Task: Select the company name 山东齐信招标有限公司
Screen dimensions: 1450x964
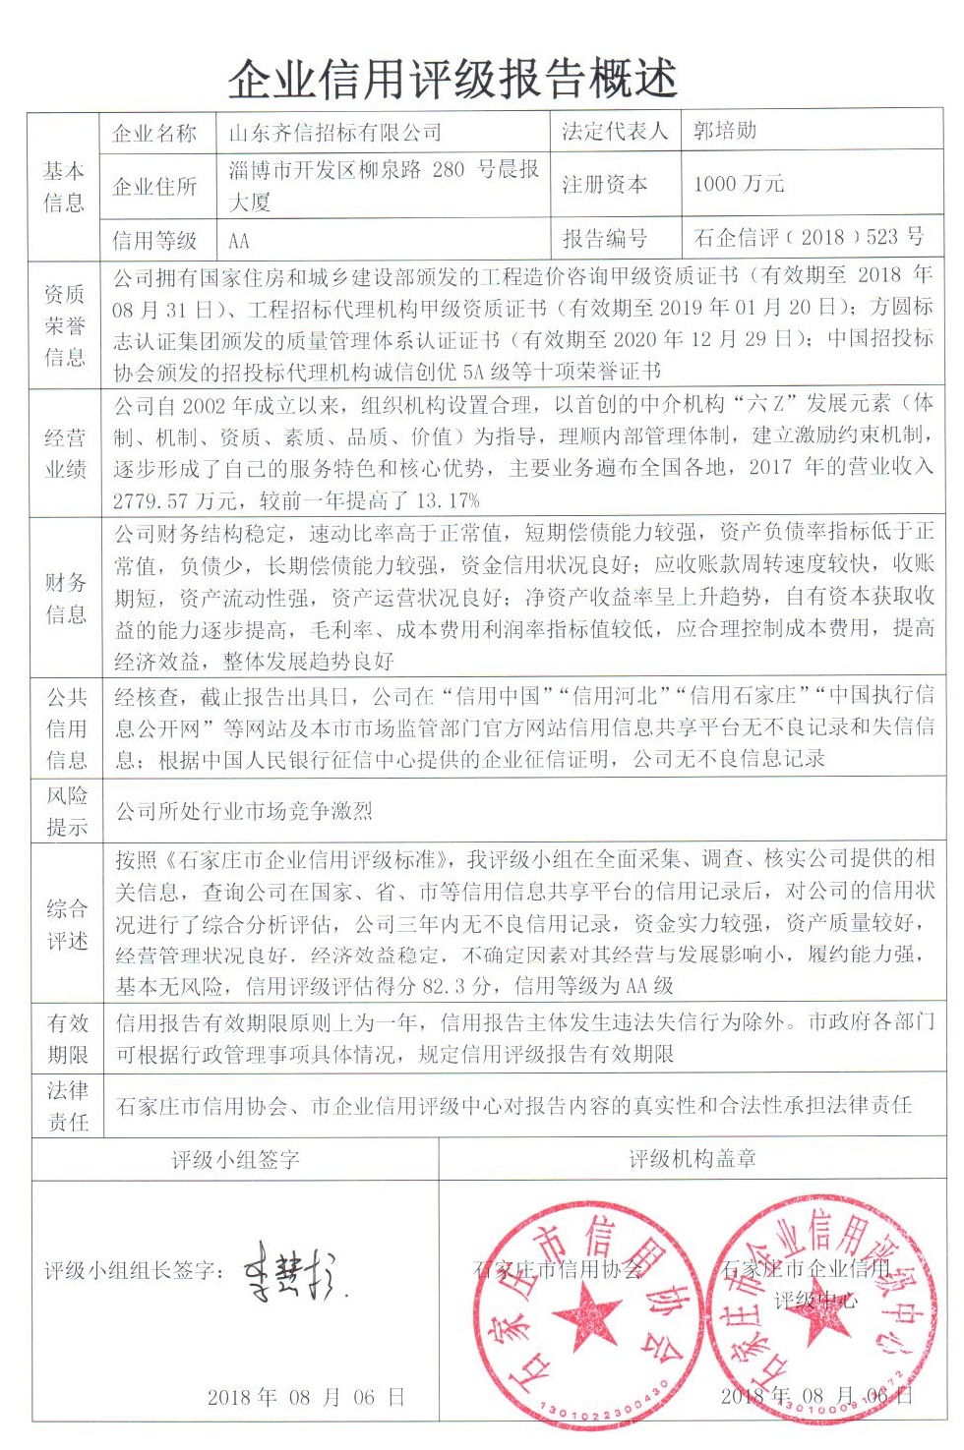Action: coord(334,132)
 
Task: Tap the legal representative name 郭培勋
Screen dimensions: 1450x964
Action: coord(725,131)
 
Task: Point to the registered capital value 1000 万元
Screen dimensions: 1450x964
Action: coord(738,184)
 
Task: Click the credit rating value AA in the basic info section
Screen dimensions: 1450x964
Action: coord(238,241)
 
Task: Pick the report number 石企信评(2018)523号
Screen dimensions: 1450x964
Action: coord(809,237)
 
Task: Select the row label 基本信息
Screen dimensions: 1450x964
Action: coord(64,187)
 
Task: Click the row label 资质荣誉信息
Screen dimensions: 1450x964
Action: coord(65,325)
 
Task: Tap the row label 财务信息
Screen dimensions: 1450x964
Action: coord(65,599)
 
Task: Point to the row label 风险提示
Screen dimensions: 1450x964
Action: coord(67,811)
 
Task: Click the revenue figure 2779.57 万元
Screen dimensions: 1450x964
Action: coord(175,500)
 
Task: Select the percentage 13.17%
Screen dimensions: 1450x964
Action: coord(448,500)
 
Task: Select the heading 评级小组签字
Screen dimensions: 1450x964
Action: coord(235,1160)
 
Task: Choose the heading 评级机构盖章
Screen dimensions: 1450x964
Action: coord(693,1160)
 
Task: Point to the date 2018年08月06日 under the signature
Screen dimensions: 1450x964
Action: coord(305,1397)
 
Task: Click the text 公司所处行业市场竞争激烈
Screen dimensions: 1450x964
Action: coord(244,811)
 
